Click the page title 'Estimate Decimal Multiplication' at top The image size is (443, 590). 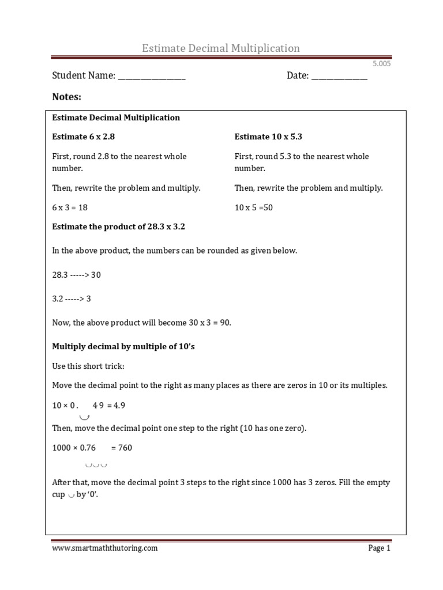[221, 48]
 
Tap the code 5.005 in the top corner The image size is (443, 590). [381, 64]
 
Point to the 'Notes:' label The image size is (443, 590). [67, 97]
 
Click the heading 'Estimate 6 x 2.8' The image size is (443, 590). [88, 137]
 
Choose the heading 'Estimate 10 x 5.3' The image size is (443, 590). [268, 137]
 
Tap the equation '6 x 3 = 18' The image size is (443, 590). [70, 207]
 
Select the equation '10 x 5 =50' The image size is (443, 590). [254, 207]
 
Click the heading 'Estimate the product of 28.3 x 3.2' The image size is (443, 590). [118, 227]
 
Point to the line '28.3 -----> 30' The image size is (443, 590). [77, 275]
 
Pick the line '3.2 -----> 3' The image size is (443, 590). [72, 299]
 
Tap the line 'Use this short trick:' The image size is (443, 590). [88, 366]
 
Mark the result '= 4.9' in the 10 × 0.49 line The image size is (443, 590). [116, 405]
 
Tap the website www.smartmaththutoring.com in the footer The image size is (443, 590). [104, 549]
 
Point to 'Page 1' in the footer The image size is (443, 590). [379, 549]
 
